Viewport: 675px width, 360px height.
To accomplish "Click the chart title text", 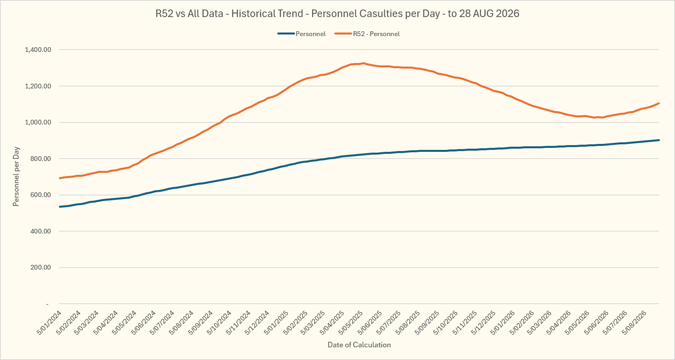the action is coord(337,13).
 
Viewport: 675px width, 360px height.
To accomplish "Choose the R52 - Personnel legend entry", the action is coord(367,34).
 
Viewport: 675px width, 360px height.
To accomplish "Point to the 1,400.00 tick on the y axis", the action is coord(38,50).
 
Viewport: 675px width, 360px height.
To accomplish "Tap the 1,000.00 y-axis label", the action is coord(38,122).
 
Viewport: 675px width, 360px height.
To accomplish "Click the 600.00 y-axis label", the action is coord(41,195).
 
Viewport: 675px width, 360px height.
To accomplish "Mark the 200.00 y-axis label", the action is coord(41,268).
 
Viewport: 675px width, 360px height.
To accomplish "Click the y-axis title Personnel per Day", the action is coord(16,176).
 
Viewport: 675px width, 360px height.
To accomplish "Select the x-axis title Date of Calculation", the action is coord(359,345).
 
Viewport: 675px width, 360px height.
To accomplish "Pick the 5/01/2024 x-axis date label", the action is coord(49,323).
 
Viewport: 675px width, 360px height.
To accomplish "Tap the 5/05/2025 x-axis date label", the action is coord(351,323).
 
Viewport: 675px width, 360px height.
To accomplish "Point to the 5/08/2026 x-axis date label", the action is coord(634,323).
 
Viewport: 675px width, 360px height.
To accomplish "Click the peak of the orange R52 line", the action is coord(363,63).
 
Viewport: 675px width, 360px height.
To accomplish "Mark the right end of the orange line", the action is coord(659,103).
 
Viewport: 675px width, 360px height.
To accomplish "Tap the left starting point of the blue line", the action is coord(59,207).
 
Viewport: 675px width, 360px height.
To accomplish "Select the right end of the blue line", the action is coord(659,140).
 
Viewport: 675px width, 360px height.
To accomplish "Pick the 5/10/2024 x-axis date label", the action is coord(219,323).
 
